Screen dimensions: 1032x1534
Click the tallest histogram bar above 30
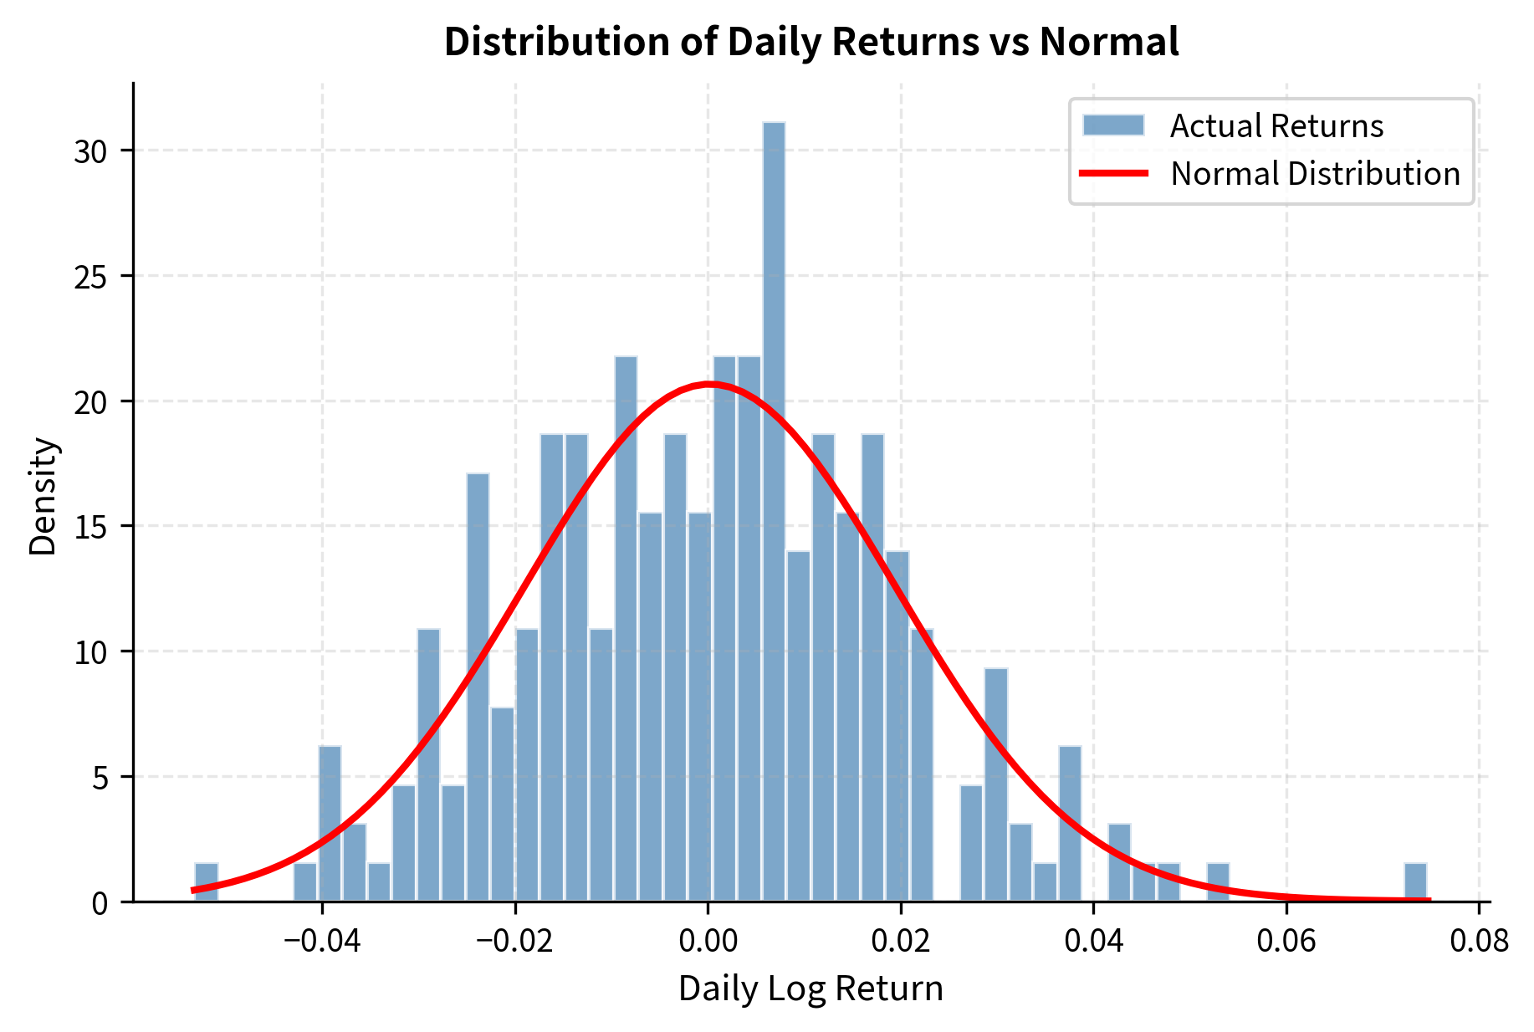(774, 510)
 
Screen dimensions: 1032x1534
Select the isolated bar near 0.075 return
(1415, 881)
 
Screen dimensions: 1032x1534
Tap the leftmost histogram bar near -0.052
(207, 881)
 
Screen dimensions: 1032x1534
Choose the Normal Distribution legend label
(1315, 174)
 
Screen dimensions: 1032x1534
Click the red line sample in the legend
(1113, 174)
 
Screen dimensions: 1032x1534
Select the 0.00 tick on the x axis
(708, 941)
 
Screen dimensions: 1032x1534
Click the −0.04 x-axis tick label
(322, 941)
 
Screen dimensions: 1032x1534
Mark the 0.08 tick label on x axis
(1479, 941)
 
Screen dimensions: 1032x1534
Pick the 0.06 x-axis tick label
(1286, 941)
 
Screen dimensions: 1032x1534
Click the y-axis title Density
(43, 496)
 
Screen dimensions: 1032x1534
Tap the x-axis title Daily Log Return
(810, 989)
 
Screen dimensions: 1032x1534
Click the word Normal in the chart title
(1108, 42)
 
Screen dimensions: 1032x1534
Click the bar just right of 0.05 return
(1218, 881)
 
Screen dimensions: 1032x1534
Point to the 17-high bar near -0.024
(478, 686)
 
